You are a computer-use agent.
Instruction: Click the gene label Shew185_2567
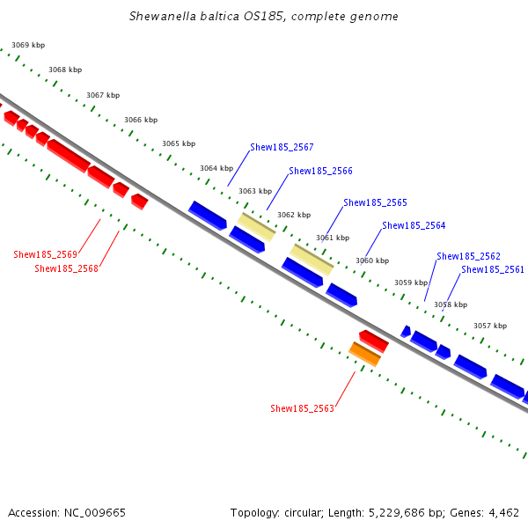click(x=282, y=148)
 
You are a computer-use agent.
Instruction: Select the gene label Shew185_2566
click(x=320, y=171)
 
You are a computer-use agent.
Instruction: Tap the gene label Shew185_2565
click(x=375, y=202)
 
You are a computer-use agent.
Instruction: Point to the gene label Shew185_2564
click(x=414, y=225)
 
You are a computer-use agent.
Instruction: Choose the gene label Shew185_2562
click(x=468, y=256)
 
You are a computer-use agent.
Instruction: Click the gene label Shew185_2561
click(x=493, y=269)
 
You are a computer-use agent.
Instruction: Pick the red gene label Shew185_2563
click(x=302, y=408)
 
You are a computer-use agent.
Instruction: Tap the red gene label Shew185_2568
click(x=66, y=268)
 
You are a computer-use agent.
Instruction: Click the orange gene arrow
click(x=364, y=354)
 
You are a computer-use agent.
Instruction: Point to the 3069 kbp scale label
click(x=27, y=45)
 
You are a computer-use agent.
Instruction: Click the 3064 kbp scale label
click(x=216, y=168)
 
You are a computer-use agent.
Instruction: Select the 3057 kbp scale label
click(x=489, y=326)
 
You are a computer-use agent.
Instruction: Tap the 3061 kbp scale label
click(x=333, y=238)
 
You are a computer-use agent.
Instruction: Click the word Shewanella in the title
click(x=159, y=16)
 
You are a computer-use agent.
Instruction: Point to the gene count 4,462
click(x=502, y=512)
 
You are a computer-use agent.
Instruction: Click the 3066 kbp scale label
click(x=141, y=120)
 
